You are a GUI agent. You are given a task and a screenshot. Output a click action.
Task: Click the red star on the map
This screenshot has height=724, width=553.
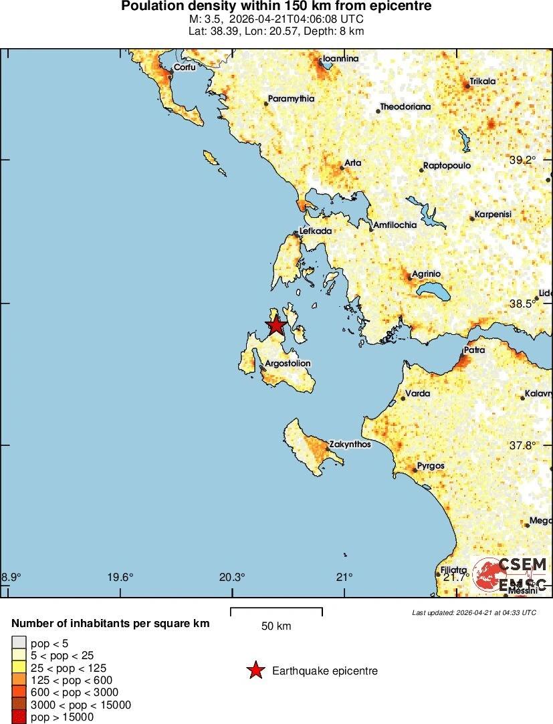[275, 326]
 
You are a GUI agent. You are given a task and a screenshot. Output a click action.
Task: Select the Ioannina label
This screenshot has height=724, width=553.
[340, 59]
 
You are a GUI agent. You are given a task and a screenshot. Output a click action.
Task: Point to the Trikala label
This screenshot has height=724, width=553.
[483, 82]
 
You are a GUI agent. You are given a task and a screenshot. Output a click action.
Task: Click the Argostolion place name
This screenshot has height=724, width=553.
[288, 364]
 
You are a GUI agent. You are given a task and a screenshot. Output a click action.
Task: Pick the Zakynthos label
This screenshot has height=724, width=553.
[350, 445]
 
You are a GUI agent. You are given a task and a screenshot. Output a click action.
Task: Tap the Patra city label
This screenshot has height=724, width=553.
[475, 350]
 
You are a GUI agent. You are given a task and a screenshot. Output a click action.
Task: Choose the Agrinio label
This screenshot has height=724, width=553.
[426, 274]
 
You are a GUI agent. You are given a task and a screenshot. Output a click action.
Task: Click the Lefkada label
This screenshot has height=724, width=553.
[316, 231]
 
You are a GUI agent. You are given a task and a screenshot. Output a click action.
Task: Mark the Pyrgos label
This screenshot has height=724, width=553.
[431, 466]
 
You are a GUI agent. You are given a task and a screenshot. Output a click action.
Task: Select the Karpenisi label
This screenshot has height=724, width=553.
[493, 215]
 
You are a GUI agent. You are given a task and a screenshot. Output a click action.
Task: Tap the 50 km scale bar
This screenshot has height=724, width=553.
[276, 611]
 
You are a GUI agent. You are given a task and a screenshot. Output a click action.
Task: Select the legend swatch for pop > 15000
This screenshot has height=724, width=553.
[19, 717]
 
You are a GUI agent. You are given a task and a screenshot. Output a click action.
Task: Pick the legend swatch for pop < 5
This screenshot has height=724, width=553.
[19, 644]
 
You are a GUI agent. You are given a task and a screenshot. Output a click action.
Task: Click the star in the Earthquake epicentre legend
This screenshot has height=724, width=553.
[255, 671]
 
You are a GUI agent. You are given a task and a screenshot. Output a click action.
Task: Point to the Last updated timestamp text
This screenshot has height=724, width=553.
[474, 612]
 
